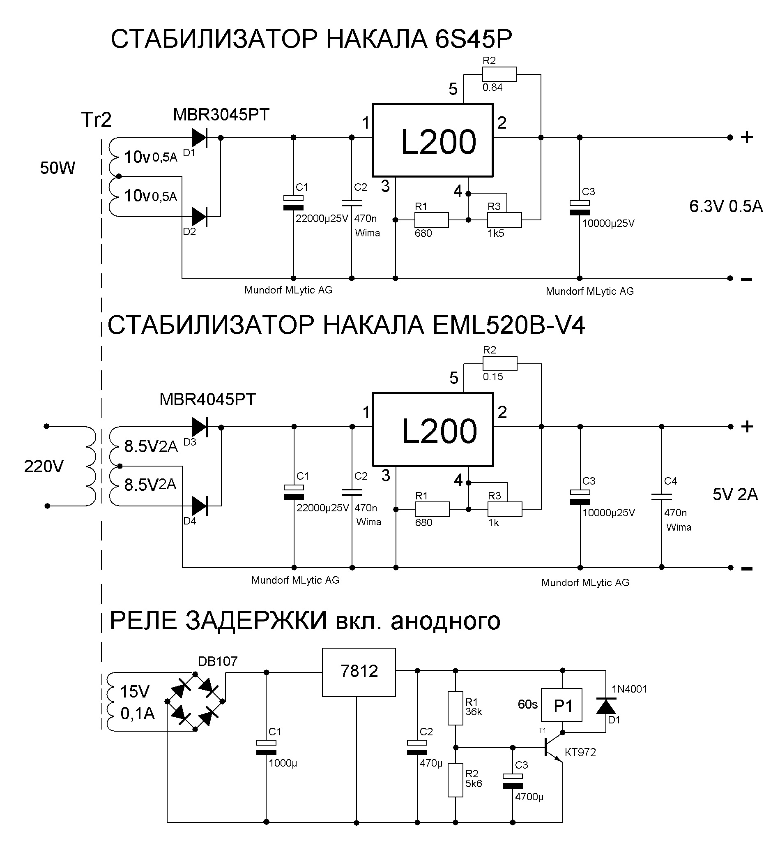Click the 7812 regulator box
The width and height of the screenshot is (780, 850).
pos(359,672)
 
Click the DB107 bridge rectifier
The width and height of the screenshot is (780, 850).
pos(195,701)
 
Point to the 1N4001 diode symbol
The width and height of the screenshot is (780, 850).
pos(606,706)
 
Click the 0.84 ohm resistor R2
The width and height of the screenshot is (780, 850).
pos(499,74)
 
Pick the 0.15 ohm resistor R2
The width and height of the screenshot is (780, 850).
pos(500,364)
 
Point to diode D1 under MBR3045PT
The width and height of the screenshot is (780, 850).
pos(199,137)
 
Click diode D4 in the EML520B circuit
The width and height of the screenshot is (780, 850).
pos(199,506)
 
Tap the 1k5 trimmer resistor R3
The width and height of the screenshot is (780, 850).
pos(504,219)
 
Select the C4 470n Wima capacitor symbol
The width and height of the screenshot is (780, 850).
pos(661,497)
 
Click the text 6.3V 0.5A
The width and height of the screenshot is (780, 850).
pos(725,206)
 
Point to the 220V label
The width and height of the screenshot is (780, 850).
pos(44,467)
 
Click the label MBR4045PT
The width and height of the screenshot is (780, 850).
pos(208,400)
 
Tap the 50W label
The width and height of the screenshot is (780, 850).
pos(58,168)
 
